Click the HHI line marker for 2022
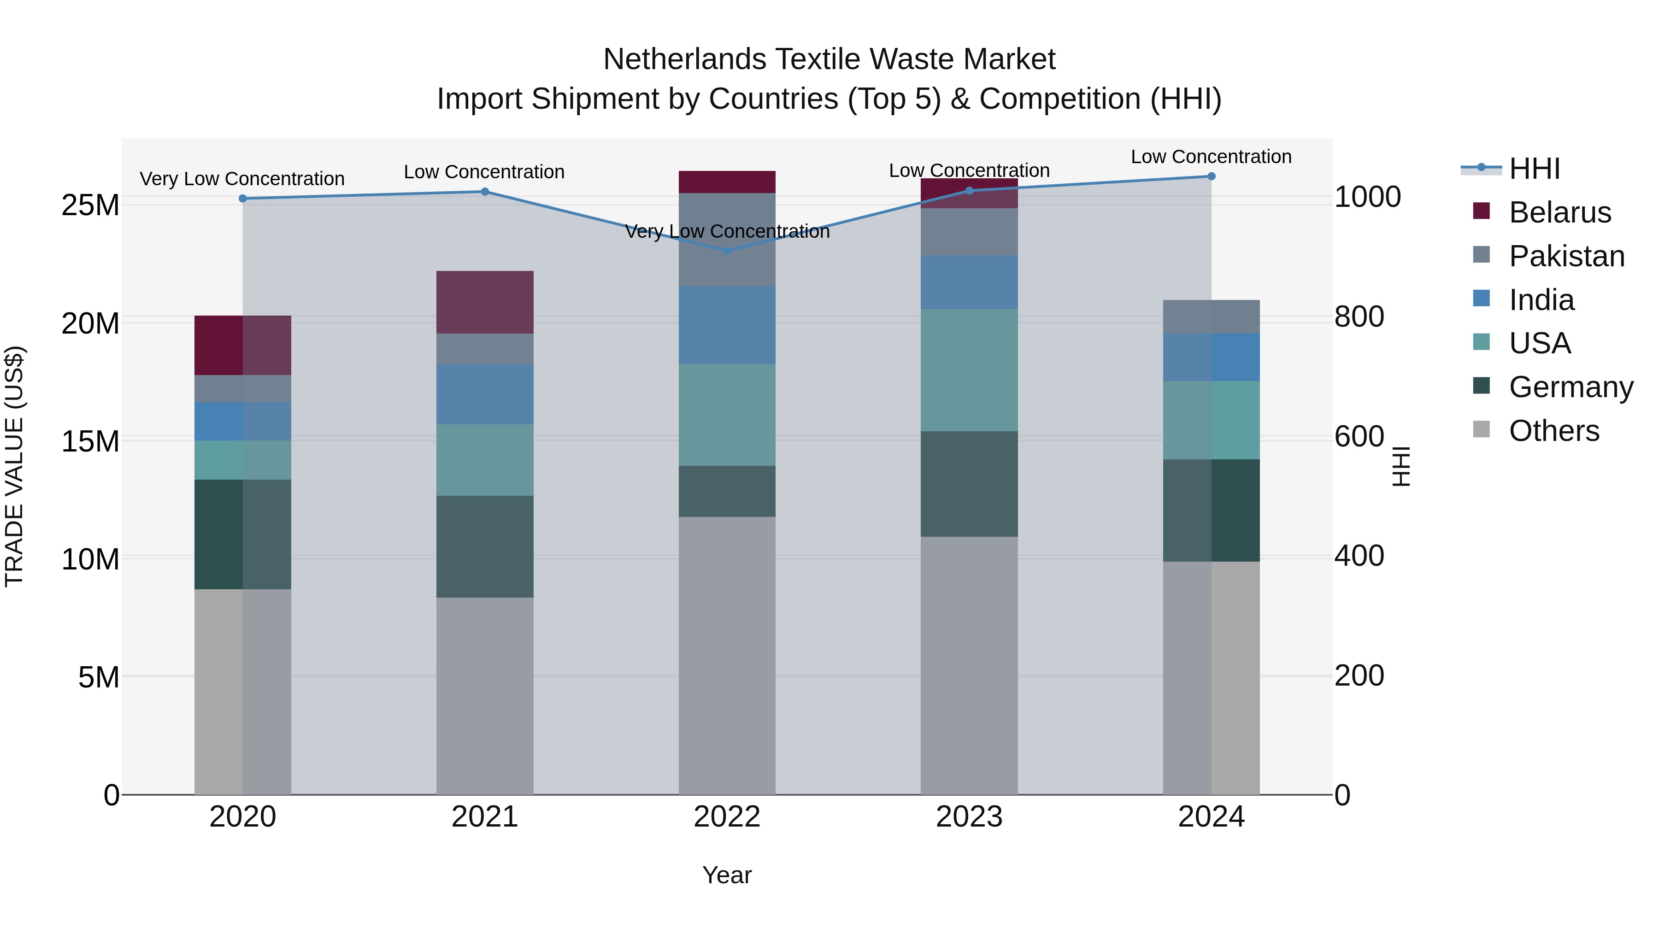727,251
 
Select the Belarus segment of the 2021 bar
485,302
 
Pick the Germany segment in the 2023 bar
969,484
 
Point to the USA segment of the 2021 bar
485,460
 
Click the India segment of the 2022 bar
727,325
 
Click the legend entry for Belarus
1559,212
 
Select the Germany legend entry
1570,387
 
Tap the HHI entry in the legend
1534,169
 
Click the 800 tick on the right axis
1359,317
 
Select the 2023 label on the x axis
969,817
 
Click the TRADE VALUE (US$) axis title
14,466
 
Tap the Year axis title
727,875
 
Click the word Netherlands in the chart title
684,59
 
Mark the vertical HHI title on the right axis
1401,466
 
